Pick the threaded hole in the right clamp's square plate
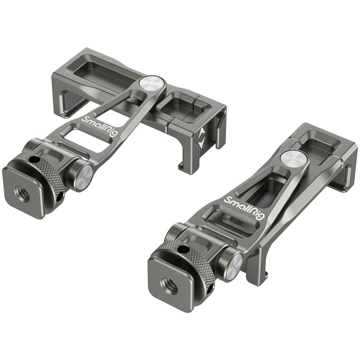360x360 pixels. pos(173,287)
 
